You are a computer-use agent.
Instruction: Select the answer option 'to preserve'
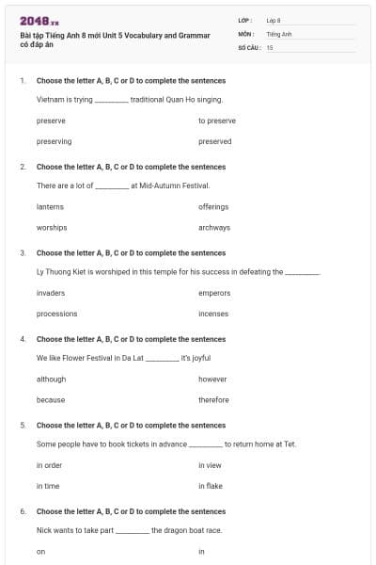point(217,121)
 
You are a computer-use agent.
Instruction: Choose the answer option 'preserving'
point(54,141)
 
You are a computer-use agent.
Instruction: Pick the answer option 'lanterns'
point(50,206)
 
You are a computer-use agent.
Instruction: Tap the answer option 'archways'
point(214,227)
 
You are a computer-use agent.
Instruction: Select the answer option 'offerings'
point(213,206)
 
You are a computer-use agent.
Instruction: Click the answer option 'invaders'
point(51,293)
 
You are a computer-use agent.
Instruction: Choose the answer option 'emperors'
point(214,293)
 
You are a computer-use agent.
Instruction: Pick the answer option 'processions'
point(56,314)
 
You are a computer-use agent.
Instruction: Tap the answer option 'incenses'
point(213,314)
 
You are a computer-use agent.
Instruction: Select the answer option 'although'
point(51,379)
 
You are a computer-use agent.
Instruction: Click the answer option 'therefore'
point(213,399)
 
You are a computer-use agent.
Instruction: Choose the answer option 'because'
point(51,399)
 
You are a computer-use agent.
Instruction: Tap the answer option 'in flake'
point(211,486)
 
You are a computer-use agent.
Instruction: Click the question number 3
point(23,253)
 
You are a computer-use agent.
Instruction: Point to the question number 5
point(23,426)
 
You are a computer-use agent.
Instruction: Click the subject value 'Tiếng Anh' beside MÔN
point(279,33)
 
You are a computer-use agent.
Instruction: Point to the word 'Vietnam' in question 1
point(51,98)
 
